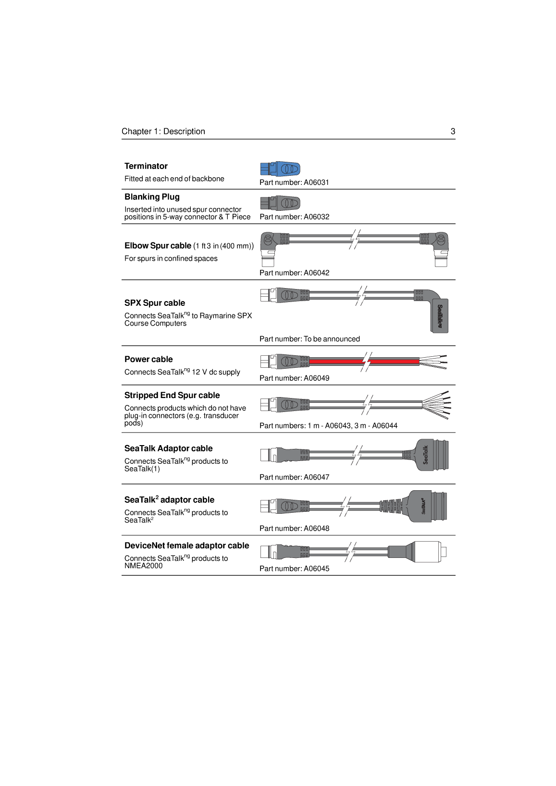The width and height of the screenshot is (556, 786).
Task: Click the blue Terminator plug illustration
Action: (280, 169)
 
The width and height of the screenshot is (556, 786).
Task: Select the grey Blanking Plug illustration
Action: (280, 203)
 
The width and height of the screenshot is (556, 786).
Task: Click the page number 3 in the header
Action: (453, 132)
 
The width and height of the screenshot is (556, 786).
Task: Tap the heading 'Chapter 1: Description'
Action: (163, 132)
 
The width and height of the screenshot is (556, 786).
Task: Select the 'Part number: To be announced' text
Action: (309, 339)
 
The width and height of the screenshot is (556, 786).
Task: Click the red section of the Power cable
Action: (336, 361)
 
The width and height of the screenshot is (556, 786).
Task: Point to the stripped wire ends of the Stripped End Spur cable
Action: (436, 404)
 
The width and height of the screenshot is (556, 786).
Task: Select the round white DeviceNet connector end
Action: (429, 552)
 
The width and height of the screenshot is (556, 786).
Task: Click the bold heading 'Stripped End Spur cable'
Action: (172, 395)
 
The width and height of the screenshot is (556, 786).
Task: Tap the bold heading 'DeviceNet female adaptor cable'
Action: (186, 545)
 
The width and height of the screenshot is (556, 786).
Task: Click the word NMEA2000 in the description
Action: (143, 566)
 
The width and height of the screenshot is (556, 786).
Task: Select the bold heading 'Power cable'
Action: (148, 359)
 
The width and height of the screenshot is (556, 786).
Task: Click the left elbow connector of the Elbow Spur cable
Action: (269, 247)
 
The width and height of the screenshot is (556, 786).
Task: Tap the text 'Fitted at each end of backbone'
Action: (174, 179)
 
